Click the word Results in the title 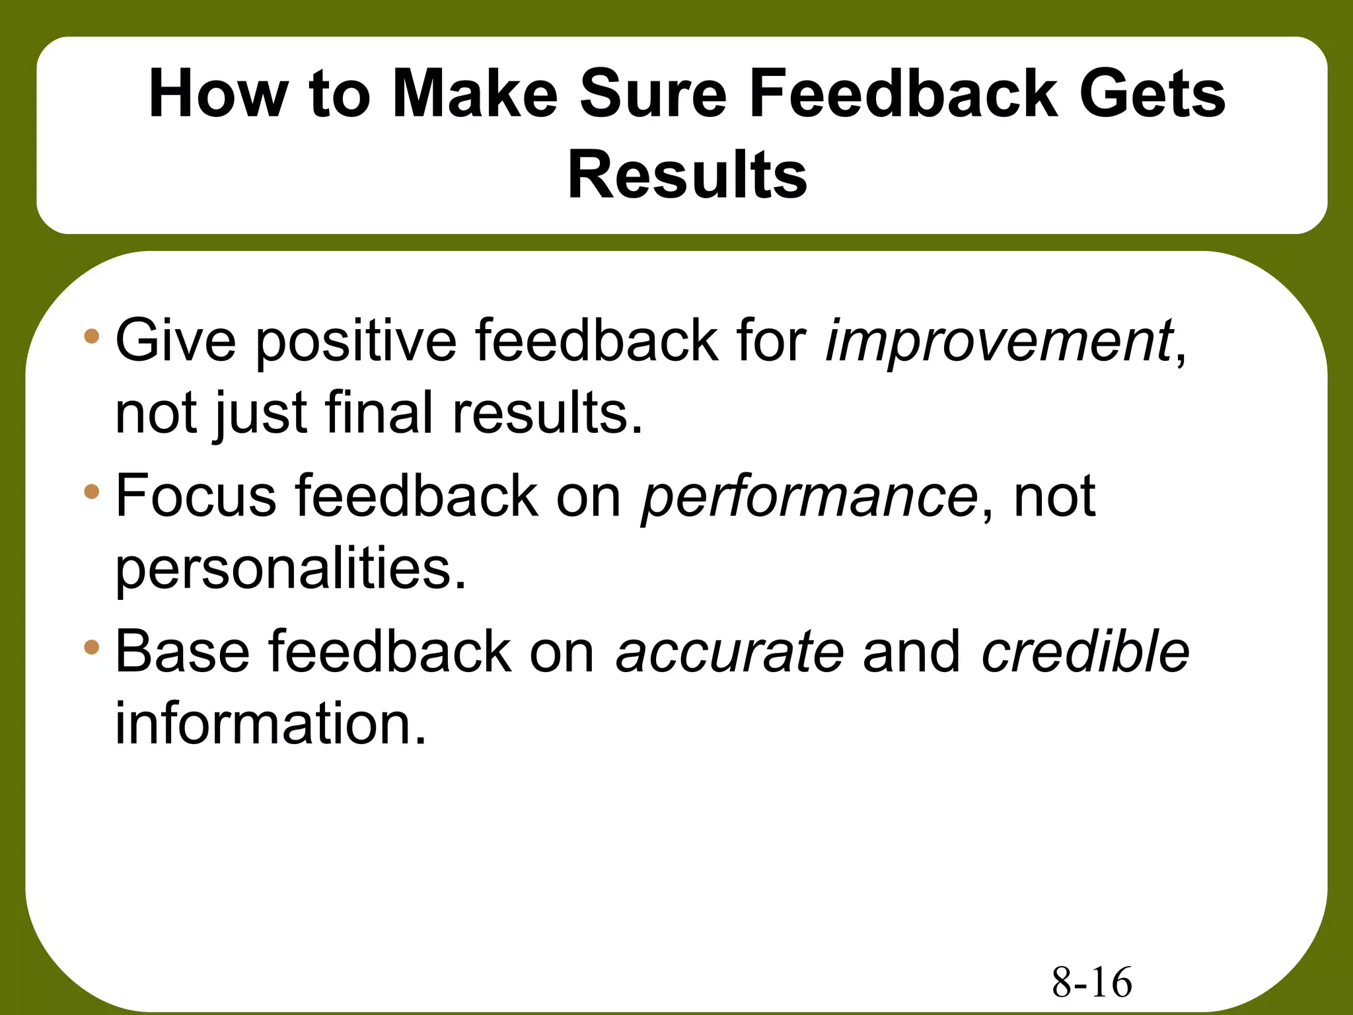pyautogui.click(x=687, y=175)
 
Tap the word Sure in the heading pyautogui.click(x=653, y=94)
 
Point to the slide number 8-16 pyautogui.click(x=1091, y=982)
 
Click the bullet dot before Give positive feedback pyautogui.click(x=92, y=336)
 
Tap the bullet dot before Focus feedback pyautogui.click(x=92, y=492)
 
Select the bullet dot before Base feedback pyautogui.click(x=92, y=647)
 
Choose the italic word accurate pyautogui.click(x=729, y=652)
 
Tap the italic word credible pyautogui.click(x=1085, y=652)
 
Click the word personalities pyautogui.click(x=291, y=570)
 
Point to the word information pyautogui.click(x=271, y=724)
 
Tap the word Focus pyautogui.click(x=196, y=497)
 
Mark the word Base pyautogui.click(x=182, y=652)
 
